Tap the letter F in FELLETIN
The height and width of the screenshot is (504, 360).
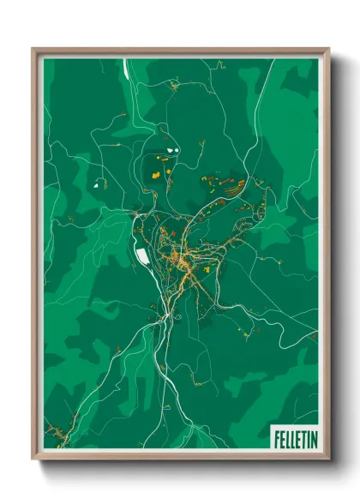pos(277,437)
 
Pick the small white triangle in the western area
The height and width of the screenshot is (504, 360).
pos(96,183)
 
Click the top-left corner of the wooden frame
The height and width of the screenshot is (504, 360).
pos(33,49)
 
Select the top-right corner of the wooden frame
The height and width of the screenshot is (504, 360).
pos(328,49)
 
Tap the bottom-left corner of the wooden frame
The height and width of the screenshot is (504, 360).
pos(33,460)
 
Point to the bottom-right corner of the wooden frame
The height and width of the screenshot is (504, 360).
pos(328,460)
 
